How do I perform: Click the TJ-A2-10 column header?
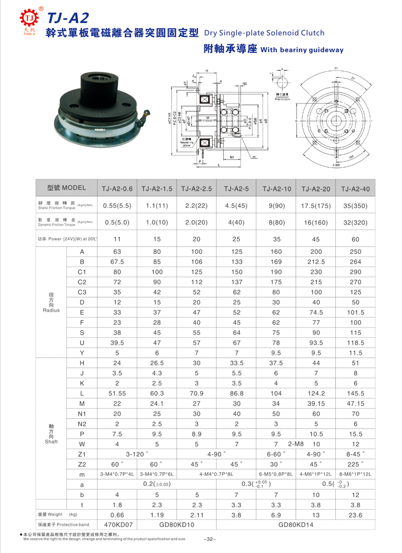(276, 188)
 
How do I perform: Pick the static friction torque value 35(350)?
(355, 205)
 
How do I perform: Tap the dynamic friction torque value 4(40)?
(236, 222)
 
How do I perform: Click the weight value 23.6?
(355, 515)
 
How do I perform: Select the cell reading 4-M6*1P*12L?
(316, 474)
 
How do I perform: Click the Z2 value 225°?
(355, 464)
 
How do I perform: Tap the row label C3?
(81, 292)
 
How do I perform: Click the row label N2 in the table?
(81, 423)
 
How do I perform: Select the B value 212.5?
(316, 261)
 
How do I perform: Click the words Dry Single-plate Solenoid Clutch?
(265, 33)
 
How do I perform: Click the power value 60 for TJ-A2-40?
(355, 239)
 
